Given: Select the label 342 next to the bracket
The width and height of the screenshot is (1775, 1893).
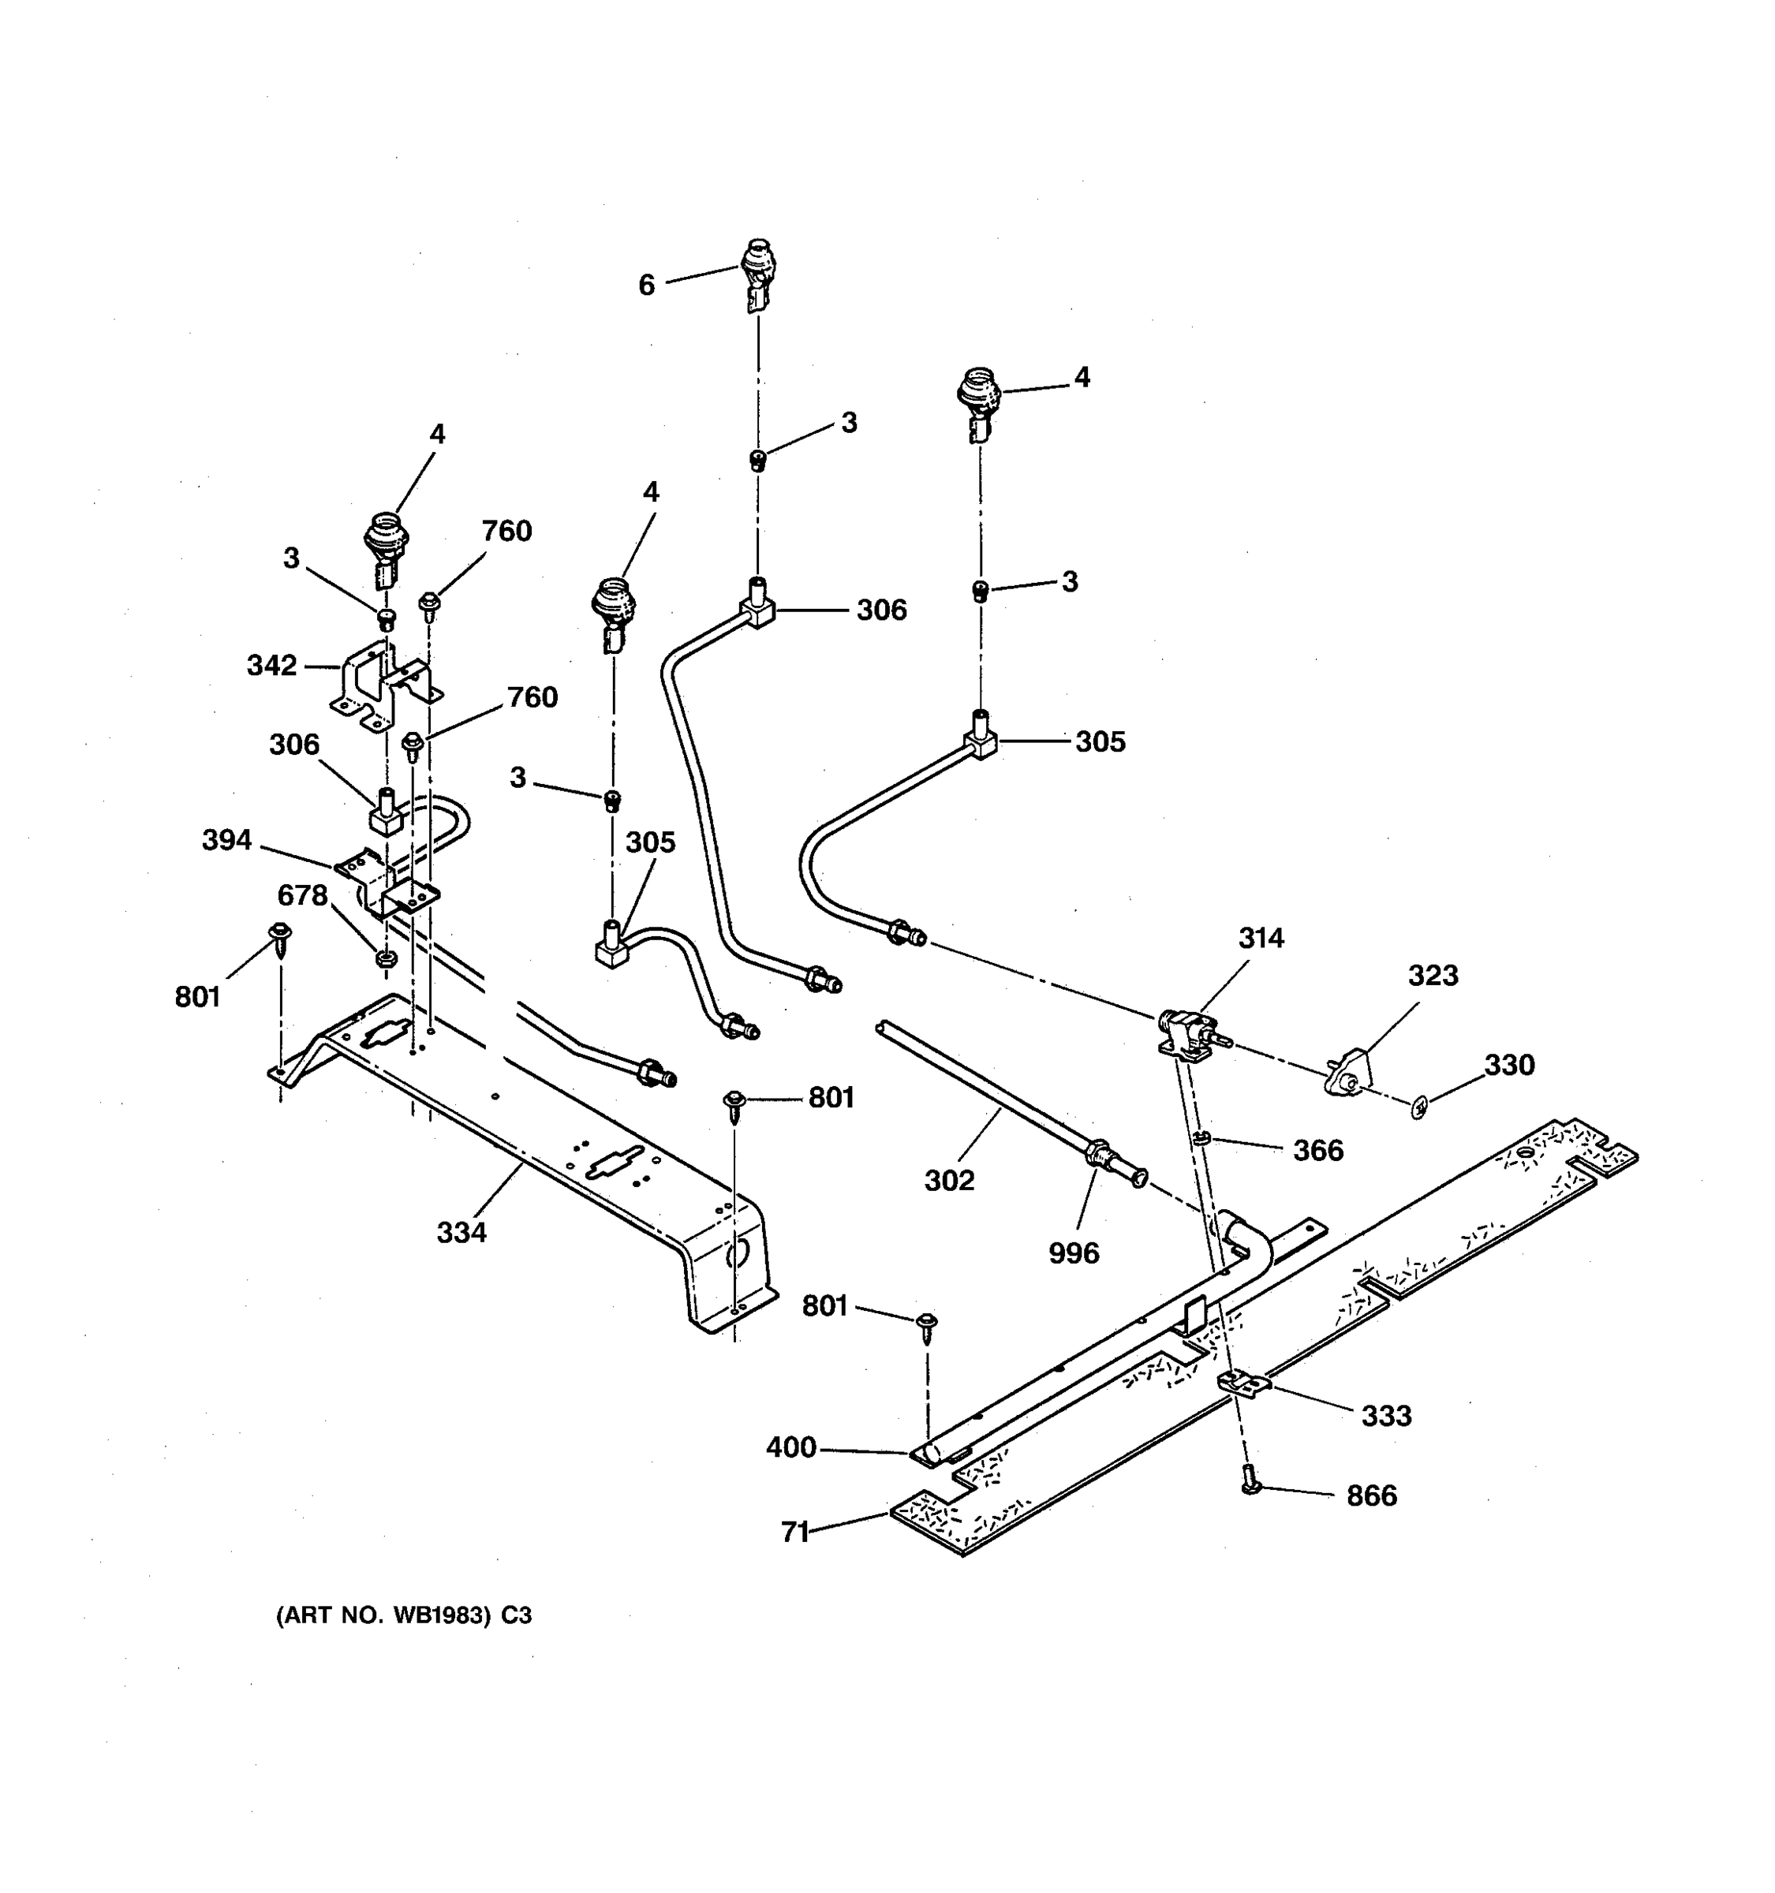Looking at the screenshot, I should (271, 665).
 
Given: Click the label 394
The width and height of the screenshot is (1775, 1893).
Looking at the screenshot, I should (226, 840).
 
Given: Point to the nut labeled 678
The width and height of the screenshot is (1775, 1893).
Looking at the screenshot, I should (386, 958).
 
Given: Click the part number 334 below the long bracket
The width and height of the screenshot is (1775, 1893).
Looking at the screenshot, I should (461, 1232).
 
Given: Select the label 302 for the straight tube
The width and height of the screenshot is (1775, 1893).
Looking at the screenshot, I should (948, 1181).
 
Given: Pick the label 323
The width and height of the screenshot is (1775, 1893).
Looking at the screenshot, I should (1432, 975).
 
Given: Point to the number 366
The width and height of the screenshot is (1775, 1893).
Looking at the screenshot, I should (1318, 1150).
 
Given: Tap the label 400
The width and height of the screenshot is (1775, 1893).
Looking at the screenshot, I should (790, 1447).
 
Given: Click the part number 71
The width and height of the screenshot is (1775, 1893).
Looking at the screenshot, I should (794, 1532).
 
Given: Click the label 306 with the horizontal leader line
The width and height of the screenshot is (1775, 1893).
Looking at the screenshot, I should (881, 610).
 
